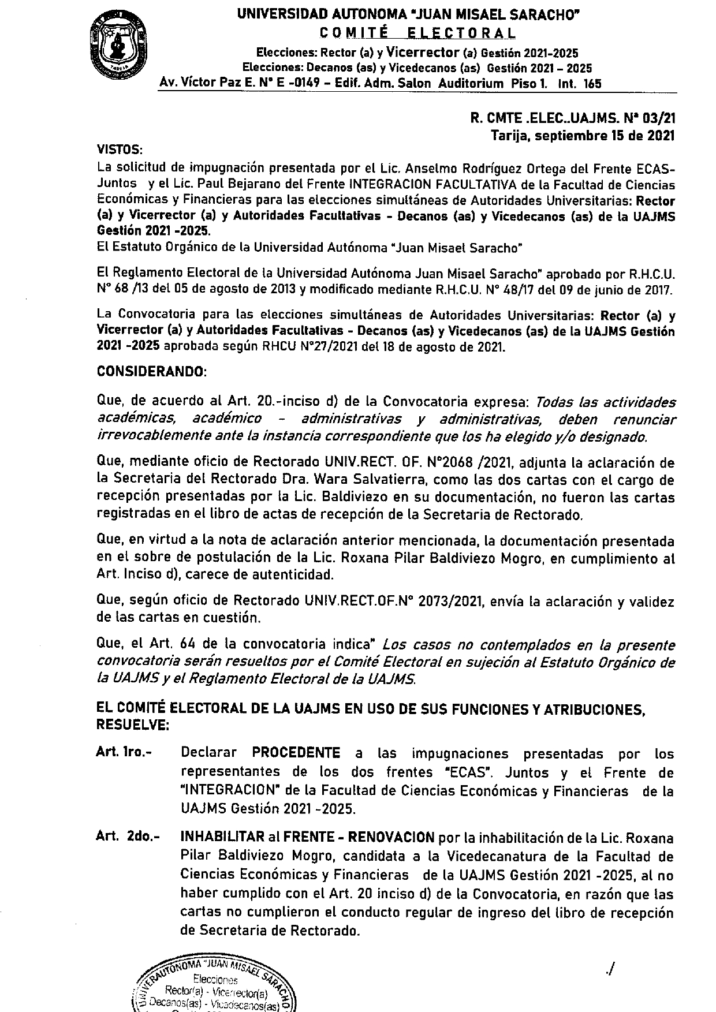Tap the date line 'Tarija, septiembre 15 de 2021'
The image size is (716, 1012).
(583, 136)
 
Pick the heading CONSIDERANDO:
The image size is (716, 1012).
(151, 372)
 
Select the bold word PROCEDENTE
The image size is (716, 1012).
(296, 753)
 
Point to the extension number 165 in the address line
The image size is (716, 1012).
(592, 84)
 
